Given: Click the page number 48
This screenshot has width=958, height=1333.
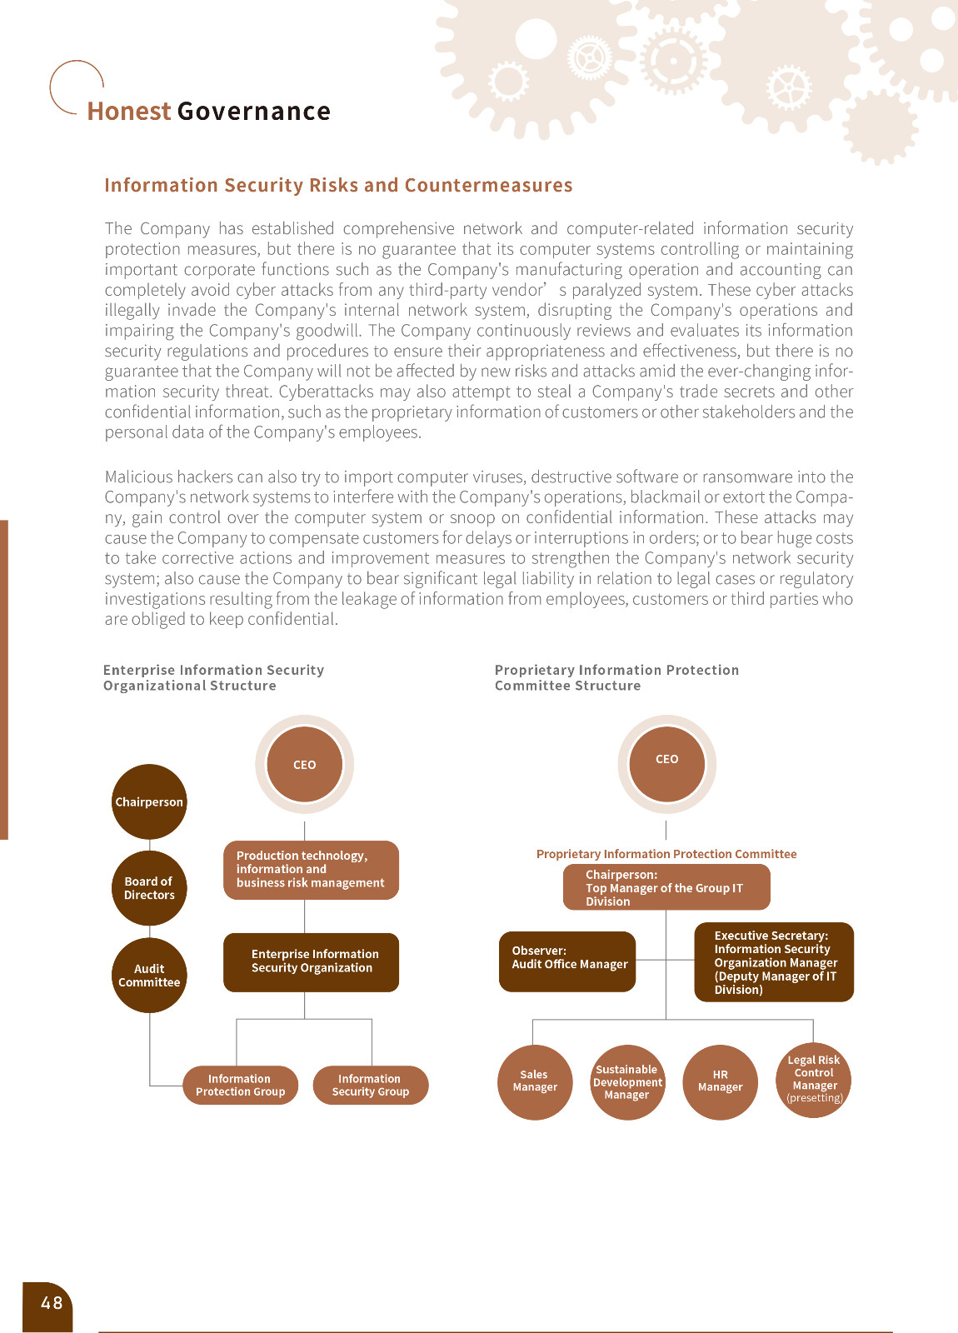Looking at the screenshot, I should click(x=51, y=1303).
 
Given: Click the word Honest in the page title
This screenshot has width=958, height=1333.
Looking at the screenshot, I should click(x=128, y=112).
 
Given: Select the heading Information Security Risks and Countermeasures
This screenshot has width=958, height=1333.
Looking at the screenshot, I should click(x=338, y=185).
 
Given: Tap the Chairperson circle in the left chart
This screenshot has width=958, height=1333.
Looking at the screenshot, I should click(x=149, y=801).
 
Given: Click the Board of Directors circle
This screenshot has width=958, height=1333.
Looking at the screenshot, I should click(x=149, y=888).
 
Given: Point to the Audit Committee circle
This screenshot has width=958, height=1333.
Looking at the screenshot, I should click(x=149, y=975).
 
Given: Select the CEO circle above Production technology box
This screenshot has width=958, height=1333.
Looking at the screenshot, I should click(x=304, y=764).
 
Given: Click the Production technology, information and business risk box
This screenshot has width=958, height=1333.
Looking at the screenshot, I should click(x=311, y=870).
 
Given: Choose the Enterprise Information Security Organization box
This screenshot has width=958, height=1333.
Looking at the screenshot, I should click(x=311, y=961).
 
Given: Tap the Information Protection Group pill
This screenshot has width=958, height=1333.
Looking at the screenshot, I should click(x=240, y=1085).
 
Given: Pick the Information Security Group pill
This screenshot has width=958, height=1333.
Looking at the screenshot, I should click(x=370, y=1085).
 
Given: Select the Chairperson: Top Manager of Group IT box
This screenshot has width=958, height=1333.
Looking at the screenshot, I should click(x=666, y=887).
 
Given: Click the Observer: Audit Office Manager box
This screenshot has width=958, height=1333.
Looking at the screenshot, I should click(x=567, y=961).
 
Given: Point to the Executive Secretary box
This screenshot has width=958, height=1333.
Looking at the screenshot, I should click(x=774, y=961).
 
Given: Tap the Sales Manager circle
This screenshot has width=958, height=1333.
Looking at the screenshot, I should click(x=535, y=1081).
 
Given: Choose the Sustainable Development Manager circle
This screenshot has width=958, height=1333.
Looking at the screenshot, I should click(x=627, y=1081).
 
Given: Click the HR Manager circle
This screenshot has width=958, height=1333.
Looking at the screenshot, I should click(x=720, y=1081).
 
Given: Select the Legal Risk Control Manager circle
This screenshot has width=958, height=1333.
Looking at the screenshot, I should click(x=813, y=1080).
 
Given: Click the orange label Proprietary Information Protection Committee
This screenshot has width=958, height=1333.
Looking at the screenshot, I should click(x=666, y=854).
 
